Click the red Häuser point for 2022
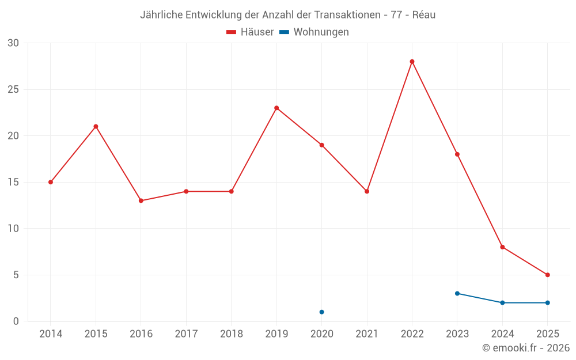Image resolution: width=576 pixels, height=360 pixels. [x=412, y=62]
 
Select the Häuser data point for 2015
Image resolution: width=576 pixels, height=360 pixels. [x=96, y=127]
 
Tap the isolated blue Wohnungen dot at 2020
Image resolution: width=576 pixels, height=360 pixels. [x=321, y=312]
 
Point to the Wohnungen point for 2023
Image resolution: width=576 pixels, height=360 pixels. [x=457, y=294]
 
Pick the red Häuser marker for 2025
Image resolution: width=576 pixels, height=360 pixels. [x=547, y=275]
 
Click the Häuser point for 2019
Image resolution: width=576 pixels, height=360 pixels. [x=276, y=108]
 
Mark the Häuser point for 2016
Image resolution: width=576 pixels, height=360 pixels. [x=141, y=200]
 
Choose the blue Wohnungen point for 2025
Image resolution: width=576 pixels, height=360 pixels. [x=547, y=303]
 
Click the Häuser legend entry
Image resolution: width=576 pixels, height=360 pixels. [x=251, y=32]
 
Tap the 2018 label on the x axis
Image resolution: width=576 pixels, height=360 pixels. [x=231, y=334]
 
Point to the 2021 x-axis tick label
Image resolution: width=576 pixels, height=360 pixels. [x=367, y=334]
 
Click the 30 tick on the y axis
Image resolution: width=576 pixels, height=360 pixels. [x=13, y=43]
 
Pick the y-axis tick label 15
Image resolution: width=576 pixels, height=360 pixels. [x=13, y=182]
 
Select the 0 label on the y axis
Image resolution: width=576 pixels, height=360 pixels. [x=16, y=321]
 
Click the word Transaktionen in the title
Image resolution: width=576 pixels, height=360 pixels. [x=349, y=15]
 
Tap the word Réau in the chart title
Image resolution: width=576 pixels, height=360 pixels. [x=424, y=15]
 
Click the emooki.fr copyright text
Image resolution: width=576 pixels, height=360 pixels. [x=526, y=348]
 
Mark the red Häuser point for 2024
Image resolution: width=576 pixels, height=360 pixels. [x=502, y=247]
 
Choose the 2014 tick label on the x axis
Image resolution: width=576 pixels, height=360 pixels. [x=51, y=334]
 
